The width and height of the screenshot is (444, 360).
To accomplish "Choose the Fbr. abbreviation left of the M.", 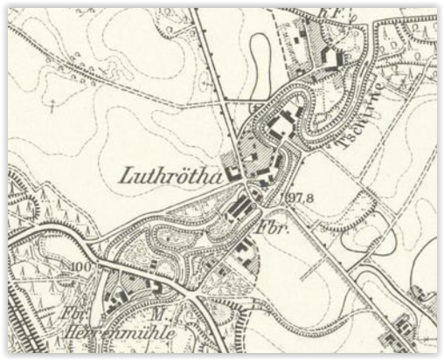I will (x=73, y=312).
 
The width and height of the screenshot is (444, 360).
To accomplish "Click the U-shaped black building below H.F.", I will (x=330, y=57).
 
